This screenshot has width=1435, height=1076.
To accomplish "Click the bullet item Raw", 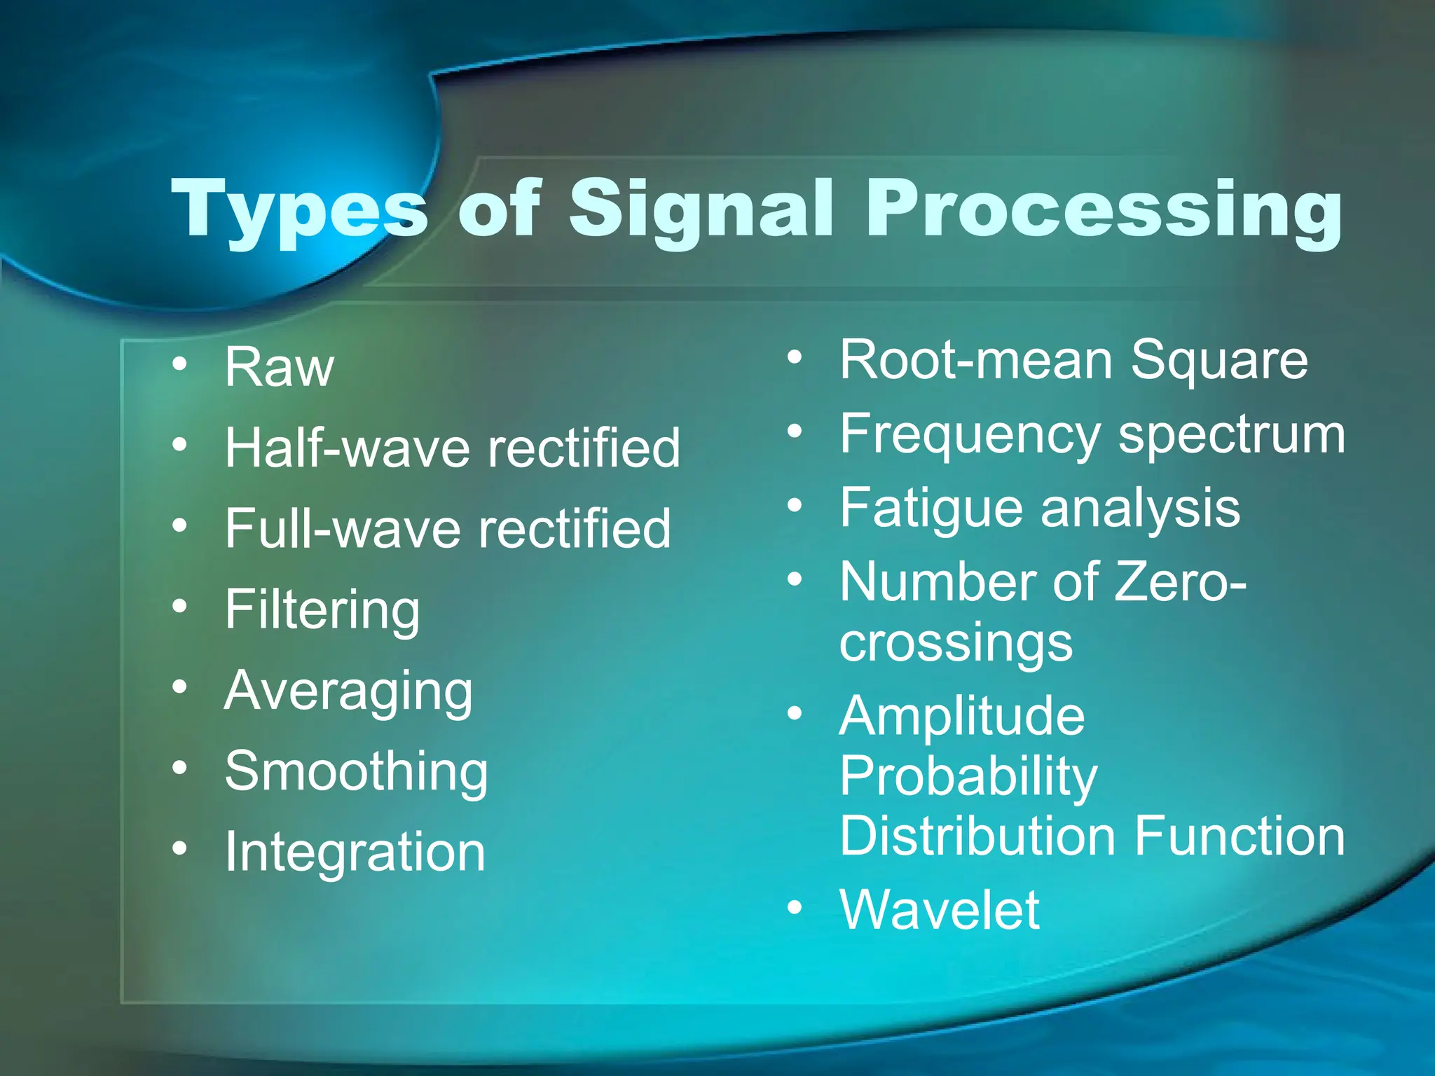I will pyautogui.click(x=279, y=368).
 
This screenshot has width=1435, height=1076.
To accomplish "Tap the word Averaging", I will pyautogui.click(x=348, y=692).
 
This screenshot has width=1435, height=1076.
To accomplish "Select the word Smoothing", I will pyautogui.click(x=356, y=772).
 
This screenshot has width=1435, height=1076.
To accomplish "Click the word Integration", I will pyautogui.click(x=355, y=853).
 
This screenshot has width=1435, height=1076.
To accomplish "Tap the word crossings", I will pyautogui.click(x=956, y=643).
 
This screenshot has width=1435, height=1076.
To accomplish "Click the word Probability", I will pyautogui.click(x=968, y=778).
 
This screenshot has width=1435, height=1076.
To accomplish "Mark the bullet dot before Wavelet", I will pyautogui.click(x=794, y=908).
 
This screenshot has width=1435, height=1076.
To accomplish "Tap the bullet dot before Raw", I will pyautogui.click(x=180, y=364).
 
